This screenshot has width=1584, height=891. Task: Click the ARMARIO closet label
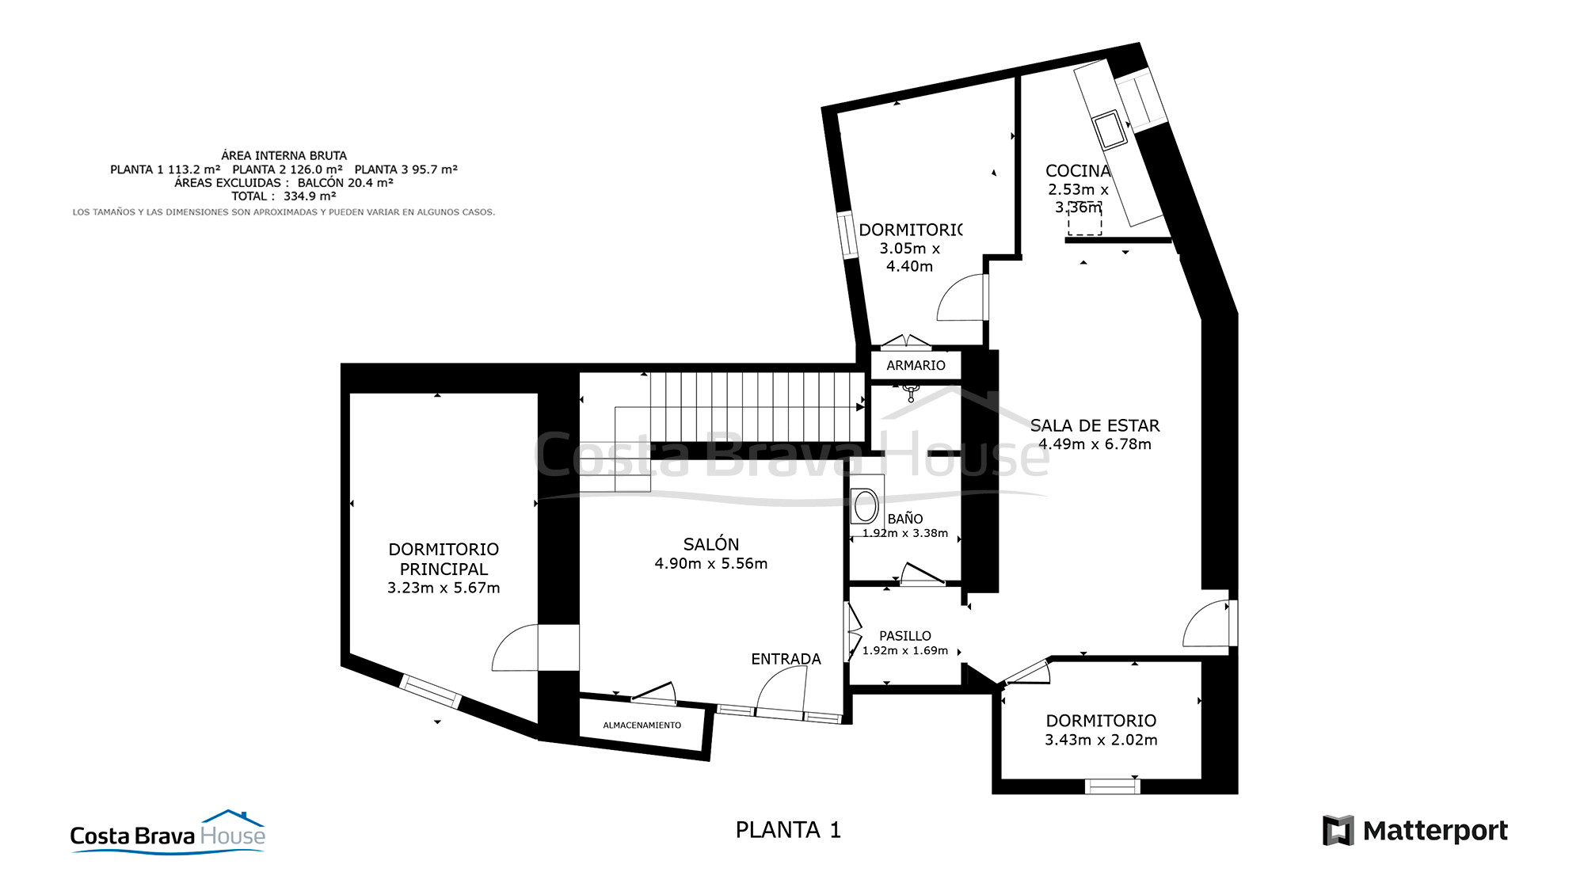click(916, 365)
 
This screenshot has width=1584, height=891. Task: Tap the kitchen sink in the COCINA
click(1110, 131)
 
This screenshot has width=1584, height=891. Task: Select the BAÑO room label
click(905, 519)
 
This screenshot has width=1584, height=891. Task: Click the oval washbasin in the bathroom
click(866, 505)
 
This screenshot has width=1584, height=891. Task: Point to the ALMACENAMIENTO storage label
click(642, 725)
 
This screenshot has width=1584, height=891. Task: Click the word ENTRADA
click(786, 659)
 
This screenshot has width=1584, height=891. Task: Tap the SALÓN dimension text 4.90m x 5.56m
click(710, 564)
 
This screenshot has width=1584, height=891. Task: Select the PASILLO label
click(905, 636)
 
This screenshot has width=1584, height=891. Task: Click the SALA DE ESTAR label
click(1095, 425)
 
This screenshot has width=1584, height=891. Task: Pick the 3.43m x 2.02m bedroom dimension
click(1101, 740)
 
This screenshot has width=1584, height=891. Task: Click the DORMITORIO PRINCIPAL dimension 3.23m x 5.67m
click(444, 588)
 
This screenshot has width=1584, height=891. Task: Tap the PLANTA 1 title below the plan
click(788, 830)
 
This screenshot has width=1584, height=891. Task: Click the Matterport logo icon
click(1338, 830)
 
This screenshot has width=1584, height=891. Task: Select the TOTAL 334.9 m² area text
click(284, 196)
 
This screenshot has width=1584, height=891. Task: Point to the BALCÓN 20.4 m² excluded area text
click(345, 183)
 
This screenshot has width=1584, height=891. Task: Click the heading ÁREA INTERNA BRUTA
click(284, 156)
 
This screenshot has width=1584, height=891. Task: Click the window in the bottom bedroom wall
click(1112, 786)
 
